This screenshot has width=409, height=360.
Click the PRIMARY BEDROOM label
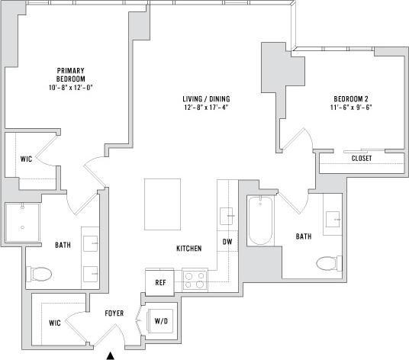coord(69,75)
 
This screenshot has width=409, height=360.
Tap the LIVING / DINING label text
coord(206,99)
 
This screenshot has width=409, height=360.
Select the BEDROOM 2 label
coord(351,99)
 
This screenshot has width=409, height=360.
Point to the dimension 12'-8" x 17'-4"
coord(206,108)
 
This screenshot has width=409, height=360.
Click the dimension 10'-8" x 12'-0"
coord(69,87)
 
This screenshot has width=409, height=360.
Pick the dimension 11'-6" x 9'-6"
coord(351,108)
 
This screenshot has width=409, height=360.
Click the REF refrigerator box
coord(160,281)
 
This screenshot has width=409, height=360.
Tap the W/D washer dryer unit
coord(162,320)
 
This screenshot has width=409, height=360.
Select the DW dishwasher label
coord(227,243)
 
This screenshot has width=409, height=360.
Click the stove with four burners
coord(195,280)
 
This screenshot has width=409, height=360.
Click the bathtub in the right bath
coord(260,220)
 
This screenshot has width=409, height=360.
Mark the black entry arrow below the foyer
coord(111,355)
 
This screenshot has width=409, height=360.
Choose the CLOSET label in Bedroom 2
coord(362,159)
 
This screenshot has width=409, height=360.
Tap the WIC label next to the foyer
coord(55,323)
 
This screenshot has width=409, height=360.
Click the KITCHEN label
coord(188,249)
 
